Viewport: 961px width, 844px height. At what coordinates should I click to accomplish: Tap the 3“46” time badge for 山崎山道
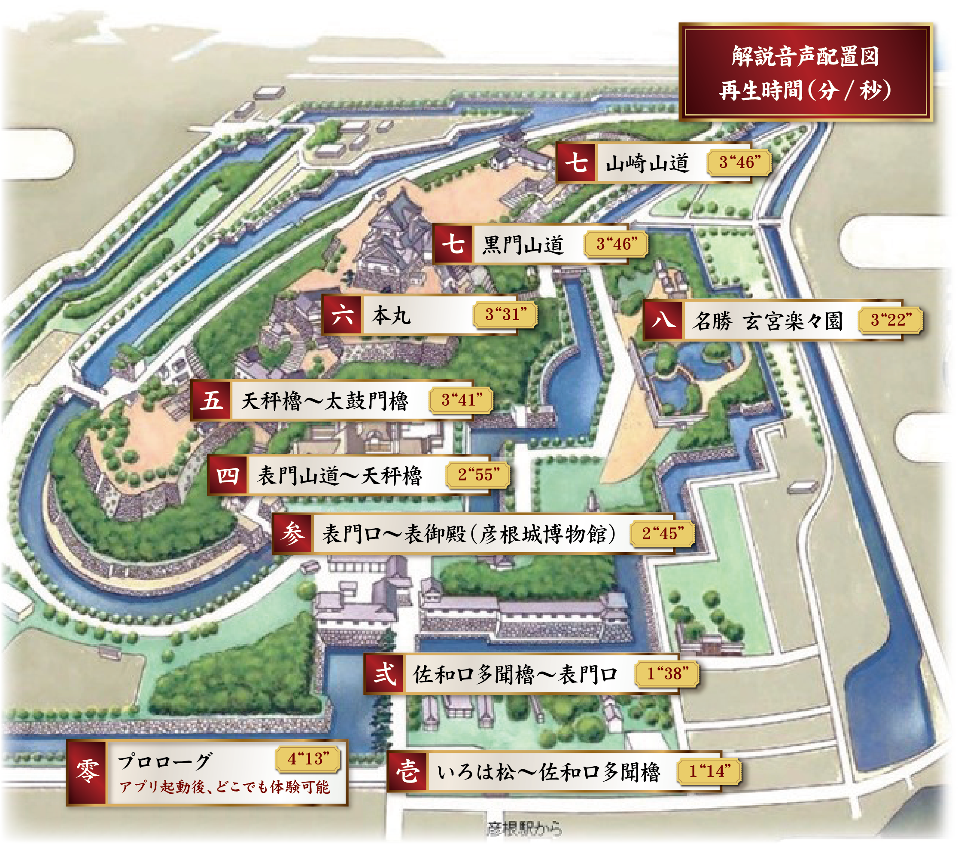tap(739, 163)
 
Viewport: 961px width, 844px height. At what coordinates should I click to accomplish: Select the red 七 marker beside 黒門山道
tap(453, 244)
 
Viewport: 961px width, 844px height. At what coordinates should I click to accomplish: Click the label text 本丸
tap(391, 315)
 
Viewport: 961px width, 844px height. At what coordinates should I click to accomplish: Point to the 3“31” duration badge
tap(505, 314)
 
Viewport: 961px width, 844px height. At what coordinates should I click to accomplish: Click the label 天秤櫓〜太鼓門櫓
tap(324, 401)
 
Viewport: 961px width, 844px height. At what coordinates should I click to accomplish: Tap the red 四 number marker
tap(228, 475)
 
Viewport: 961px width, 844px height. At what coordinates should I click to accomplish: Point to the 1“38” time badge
tap(667, 674)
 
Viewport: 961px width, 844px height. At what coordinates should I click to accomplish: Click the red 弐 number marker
tap(384, 674)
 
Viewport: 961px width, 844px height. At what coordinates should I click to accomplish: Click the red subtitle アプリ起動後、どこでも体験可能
tap(224, 786)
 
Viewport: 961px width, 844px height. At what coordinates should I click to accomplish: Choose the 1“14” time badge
tap(709, 771)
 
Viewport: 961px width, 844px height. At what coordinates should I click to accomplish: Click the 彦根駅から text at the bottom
tap(524, 828)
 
